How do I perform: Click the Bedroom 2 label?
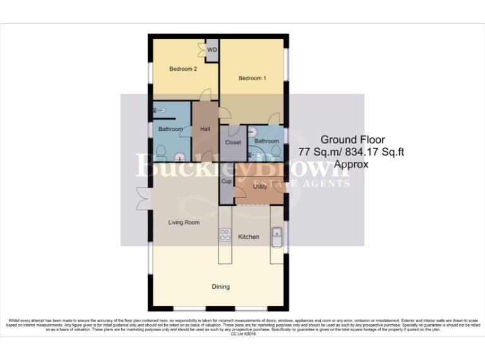coord(183,69)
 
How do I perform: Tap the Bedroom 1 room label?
coord(252,78)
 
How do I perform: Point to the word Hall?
coord(205,129)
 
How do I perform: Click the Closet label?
coord(233,142)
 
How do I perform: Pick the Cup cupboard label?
coord(226,181)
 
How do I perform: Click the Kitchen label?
coord(248,236)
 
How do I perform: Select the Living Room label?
coord(184,222)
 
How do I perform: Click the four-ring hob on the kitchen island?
coord(225,234)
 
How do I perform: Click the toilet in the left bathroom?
coord(160,153)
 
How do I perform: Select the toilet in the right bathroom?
coord(276,150)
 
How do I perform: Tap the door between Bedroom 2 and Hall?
coord(205,95)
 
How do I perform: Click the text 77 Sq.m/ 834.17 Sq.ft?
coord(352,152)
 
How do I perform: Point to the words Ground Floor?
coord(352,140)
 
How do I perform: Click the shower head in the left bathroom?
coord(155,109)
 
